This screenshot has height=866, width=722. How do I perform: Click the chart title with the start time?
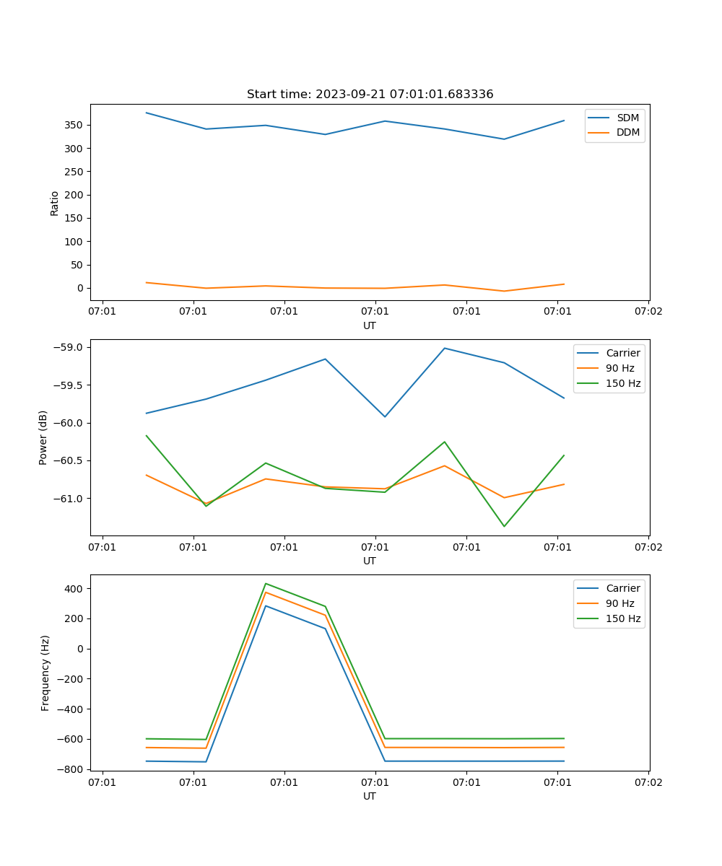(370, 95)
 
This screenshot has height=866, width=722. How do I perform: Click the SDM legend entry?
(627, 118)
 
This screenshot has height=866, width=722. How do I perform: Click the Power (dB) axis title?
(43, 437)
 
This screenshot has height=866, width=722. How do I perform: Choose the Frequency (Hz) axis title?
(45, 673)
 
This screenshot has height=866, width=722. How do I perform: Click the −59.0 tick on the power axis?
(69, 347)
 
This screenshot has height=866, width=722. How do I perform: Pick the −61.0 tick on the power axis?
(69, 499)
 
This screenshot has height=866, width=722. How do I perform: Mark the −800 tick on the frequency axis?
(72, 769)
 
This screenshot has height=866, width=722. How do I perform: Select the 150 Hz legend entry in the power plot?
(623, 384)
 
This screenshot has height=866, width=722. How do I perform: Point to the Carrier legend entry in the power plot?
(622, 354)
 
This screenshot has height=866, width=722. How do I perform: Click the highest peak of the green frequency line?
(266, 583)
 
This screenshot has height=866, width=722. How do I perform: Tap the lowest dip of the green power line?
(504, 526)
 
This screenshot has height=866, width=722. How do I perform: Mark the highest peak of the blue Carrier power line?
(445, 348)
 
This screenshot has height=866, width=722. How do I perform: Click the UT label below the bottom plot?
(370, 796)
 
